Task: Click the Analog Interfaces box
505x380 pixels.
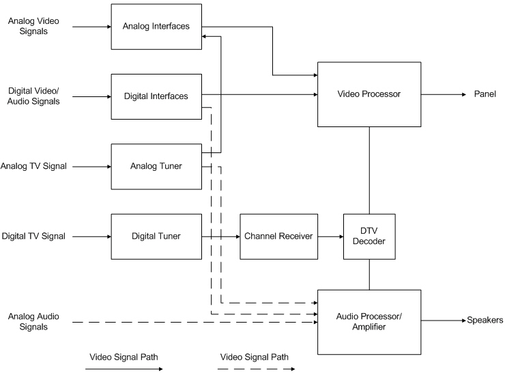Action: (x=156, y=27)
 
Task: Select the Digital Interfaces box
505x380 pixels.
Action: (x=156, y=96)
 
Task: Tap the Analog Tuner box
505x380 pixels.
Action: (x=156, y=166)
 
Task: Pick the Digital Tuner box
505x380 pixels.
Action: (x=156, y=236)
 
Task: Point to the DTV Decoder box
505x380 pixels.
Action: (x=369, y=236)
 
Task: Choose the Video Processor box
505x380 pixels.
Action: (x=369, y=94)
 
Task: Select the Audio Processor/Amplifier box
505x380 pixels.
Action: (x=369, y=321)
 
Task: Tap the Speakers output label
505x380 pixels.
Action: (x=485, y=320)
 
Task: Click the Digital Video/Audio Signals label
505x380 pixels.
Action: (x=33, y=96)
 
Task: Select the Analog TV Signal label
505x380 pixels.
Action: (x=33, y=166)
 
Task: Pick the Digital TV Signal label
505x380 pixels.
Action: (x=33, y=236)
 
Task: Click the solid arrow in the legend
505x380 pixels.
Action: (x=123, y=369)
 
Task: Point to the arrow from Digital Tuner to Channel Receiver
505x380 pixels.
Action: (x=220, y=236)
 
